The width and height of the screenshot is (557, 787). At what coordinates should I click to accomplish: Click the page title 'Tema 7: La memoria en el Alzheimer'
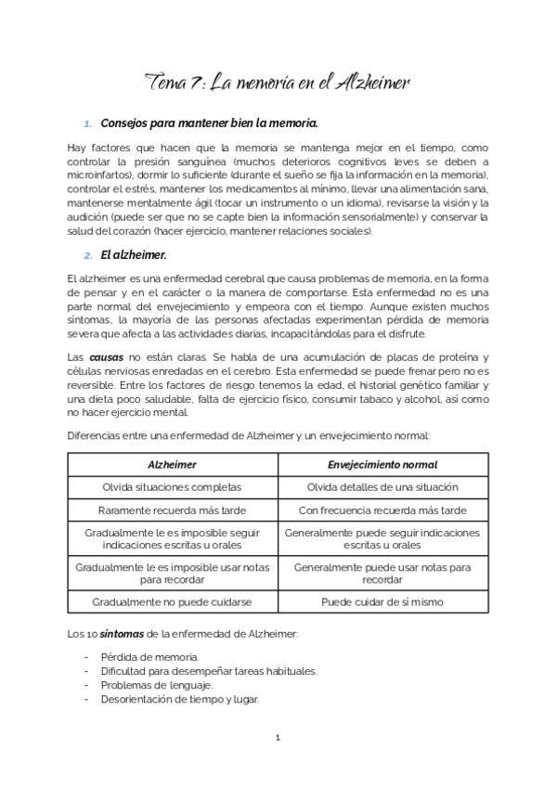(278, 83)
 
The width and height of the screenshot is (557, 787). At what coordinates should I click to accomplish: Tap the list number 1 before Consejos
(88, 123)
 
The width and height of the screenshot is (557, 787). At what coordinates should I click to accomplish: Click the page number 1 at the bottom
(278, 739)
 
